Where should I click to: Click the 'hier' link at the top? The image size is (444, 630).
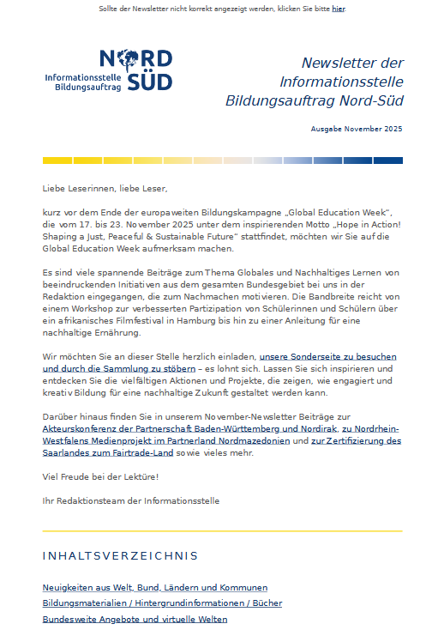click(x=339, y=9)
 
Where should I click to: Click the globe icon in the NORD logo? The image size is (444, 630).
click(x=132, y=59)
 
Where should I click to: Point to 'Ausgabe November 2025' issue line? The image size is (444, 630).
click(x=357, y=129)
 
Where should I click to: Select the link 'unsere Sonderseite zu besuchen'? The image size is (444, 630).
click(x=329, y=356)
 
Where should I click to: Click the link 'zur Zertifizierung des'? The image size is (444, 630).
click(x=356, y=440)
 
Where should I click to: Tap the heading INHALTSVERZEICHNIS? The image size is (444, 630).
click(x=120, y=556)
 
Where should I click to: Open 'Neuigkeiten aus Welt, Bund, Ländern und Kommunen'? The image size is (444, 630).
click(x=155, y=588)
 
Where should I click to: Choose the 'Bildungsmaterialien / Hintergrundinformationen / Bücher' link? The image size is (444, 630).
click(x=162, y=603)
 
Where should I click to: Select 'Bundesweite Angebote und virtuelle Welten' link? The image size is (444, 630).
click(x=135, y=619)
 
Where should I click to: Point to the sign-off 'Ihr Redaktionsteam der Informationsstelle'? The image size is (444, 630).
click(x=131, y=500)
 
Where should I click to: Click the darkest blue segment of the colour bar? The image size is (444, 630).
click(x=381, y=161)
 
